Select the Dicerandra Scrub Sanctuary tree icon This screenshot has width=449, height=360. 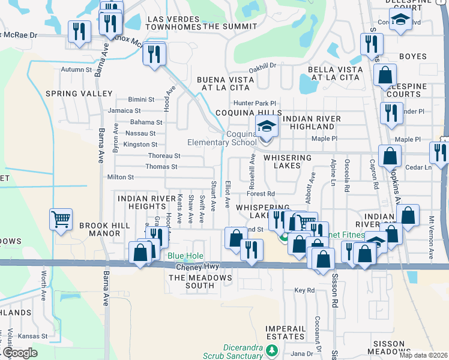pyautogui.click(x=273, y=350)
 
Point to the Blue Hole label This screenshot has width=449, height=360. pyautogui.click(x=185, y=256)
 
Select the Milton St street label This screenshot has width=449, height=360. pyautogui.click(x=120, y=177)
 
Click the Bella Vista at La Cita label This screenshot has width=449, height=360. pyautogui.click(x=335, y=73)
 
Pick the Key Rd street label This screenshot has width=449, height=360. pyautogui.click(x=304, y=290)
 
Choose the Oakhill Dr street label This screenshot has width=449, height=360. pyautogui.click(x=262, y=66)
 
